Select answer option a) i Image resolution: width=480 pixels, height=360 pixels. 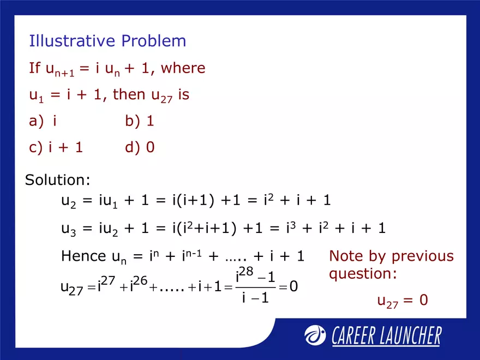(43, 121)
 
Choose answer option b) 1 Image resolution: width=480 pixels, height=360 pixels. (140, 121)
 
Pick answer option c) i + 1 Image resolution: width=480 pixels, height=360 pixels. (56, 147)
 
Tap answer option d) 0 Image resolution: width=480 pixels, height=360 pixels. (140, 147)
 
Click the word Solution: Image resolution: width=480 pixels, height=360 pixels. (58, 180)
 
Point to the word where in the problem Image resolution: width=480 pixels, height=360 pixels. (183, 69)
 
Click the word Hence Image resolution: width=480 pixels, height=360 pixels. (83, 256)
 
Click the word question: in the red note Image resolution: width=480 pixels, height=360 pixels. (363, 274)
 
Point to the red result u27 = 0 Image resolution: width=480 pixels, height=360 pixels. (402, 301)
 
